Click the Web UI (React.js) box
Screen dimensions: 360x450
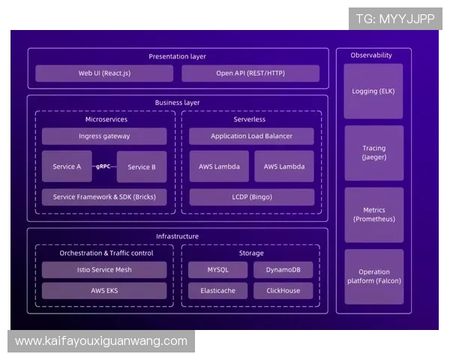click(104, 73)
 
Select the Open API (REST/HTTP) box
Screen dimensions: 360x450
click(250, 73)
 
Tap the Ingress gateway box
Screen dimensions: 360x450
click(104, 136)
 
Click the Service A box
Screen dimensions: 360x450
click(67, 166)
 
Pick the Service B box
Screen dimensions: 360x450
click(142, 166)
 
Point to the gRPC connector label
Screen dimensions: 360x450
click(104, 166)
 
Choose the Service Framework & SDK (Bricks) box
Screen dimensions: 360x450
click(104, 197)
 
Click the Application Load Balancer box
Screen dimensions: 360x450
click(251, 136)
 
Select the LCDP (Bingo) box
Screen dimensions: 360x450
click(251, 197)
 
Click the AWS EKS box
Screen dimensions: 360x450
click(104, 290)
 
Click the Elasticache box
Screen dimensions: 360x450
click(218, 290)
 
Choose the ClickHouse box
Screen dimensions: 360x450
click(283, 290)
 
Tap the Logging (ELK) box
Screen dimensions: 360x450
click(373, 91)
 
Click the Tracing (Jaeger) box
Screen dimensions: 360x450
click(373, 153)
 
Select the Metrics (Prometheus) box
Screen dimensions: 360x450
click(373, 214)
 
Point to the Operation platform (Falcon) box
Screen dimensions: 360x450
click(373, 277)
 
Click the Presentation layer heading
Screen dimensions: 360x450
click(177, 56)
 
